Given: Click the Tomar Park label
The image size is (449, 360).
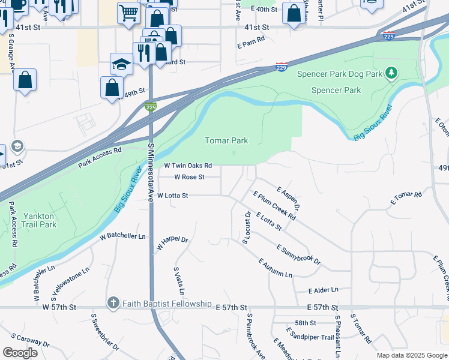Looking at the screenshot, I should point(226,140).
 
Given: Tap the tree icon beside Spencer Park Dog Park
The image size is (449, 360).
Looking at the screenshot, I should point(391,73).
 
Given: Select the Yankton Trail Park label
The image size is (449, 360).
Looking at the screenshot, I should point(39,220).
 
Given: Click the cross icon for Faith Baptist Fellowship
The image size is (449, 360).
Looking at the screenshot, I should point(113,304).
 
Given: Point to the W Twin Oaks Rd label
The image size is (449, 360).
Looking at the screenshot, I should point(188,166).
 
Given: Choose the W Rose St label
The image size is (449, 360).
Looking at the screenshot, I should point(189,177).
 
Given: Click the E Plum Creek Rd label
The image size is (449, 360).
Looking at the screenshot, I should point(274,206).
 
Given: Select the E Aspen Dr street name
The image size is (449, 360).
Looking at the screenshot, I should point(288,197).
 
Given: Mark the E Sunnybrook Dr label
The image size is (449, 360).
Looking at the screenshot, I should point(298,254).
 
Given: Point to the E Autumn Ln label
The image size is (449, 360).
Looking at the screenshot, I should point(275,268).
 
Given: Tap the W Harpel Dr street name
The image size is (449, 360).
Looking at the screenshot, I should point(172,243).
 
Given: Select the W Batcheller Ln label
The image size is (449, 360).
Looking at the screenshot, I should point(122,236).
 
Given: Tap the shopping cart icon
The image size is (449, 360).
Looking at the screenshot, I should point(128,12).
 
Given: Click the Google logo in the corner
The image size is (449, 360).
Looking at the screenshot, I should point(20,352).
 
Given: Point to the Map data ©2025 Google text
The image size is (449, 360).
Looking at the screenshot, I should point(411,355).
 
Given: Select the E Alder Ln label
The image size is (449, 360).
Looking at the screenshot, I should point(323,290).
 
